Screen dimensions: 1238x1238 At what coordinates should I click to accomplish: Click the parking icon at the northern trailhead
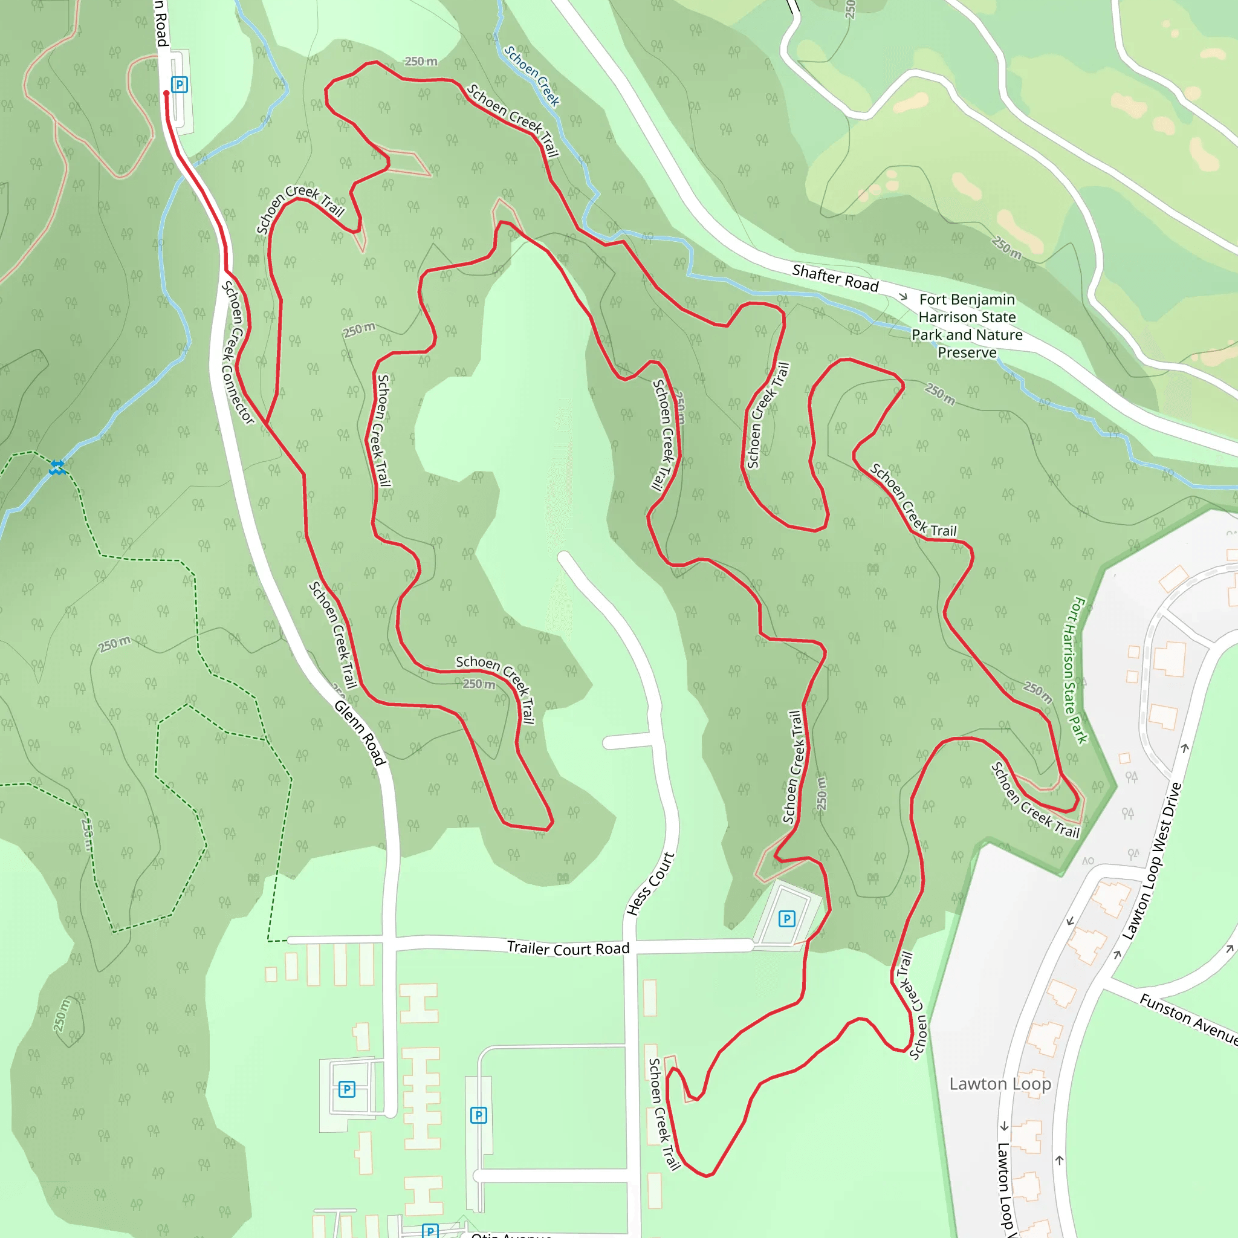[180, 85]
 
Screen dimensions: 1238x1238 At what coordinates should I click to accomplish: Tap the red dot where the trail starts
[167, 94]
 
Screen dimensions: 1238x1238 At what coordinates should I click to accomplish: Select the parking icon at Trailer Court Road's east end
[787, 919]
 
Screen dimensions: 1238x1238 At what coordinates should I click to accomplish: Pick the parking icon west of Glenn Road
[346, 1089]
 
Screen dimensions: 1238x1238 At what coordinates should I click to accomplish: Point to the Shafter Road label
[835, 278]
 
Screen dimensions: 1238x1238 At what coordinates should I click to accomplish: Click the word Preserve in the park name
[967, 352]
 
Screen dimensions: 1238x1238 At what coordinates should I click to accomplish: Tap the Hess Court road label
[650, 884]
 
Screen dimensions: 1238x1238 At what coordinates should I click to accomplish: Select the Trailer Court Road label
[568, 948]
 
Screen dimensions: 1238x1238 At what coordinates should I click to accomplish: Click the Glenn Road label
[360, 733]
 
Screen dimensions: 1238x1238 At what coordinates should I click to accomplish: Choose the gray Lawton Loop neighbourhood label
[1000, 1084]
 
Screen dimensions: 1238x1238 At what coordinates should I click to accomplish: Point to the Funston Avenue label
[1189, 1018]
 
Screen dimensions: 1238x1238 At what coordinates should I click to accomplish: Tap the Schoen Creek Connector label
[238, 352]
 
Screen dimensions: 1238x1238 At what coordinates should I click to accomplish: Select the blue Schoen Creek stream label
[532, 76]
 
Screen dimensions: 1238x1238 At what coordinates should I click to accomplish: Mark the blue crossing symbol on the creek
[57, 467]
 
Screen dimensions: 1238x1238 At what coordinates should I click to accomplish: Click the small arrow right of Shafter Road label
[904, 297]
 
